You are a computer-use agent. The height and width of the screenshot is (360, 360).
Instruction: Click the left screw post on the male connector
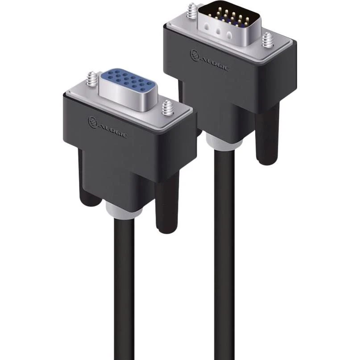pyautogui.click(x=191, y=11)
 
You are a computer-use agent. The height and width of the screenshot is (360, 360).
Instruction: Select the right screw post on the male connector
pyautogui.click(x=268, y=40)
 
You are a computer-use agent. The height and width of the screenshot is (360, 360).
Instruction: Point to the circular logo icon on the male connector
pyautogui.click(x=194, y=55)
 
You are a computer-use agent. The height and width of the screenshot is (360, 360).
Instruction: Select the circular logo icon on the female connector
pyautogui.click(x=93, y=122)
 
